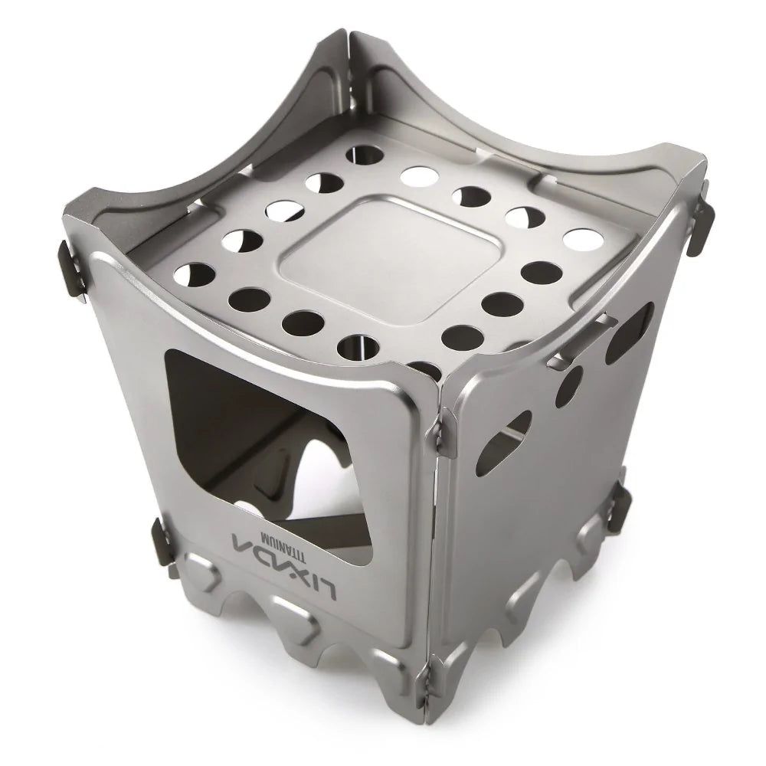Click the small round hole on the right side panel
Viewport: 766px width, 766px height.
pos(566,386)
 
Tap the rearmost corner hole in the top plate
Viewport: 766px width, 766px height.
pos(365,153)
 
